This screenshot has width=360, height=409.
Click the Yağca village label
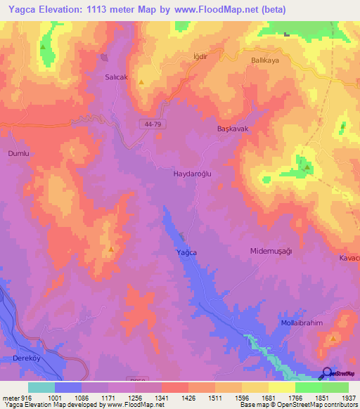coord(186,252)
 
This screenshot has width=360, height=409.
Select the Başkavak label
coord(233,130)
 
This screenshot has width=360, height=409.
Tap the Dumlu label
coord(18,152)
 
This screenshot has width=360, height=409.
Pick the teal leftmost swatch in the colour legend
coord(41,387)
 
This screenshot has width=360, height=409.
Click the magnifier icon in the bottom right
coord(327,373)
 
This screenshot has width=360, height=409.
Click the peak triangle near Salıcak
coord(141,83)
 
